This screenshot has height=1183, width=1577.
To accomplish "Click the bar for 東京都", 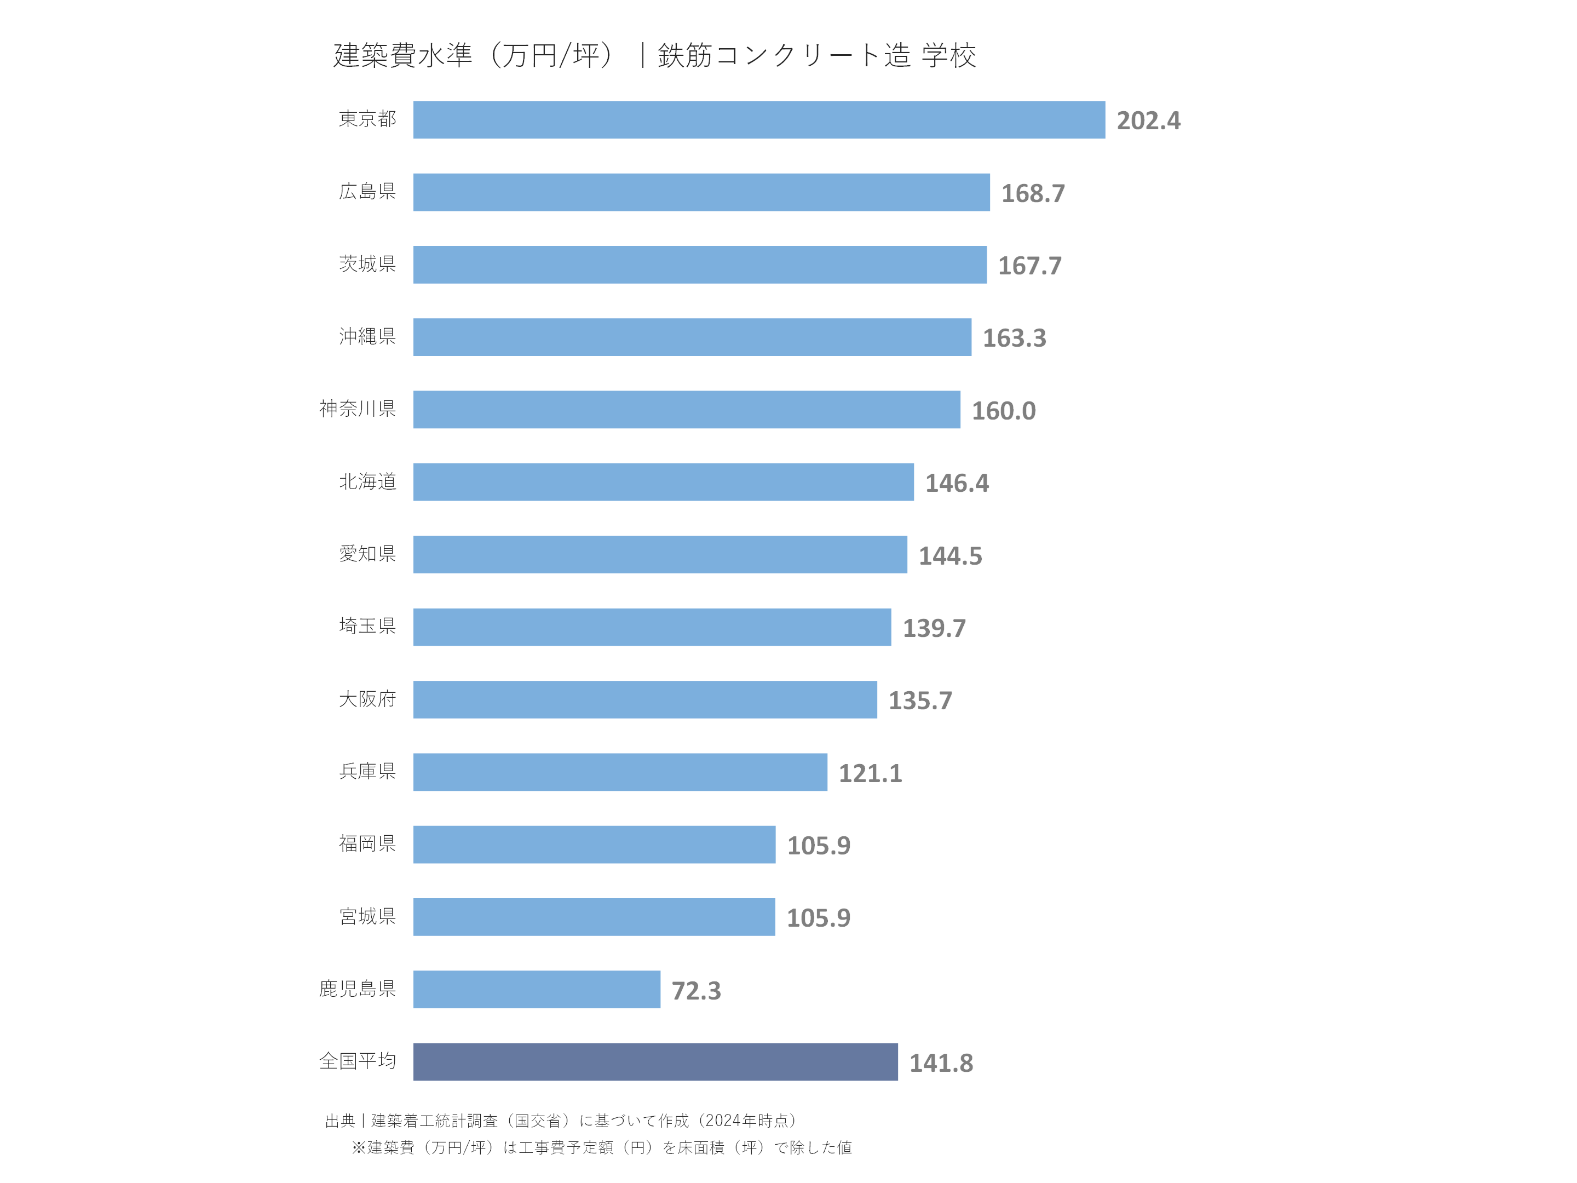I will click(x=758, y=120).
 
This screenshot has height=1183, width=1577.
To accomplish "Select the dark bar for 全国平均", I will click(x=655, y=1062).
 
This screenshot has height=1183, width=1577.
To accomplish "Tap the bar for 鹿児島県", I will click(x=536, y=989).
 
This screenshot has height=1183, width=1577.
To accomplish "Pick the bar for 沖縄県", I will click(x=692, y=337).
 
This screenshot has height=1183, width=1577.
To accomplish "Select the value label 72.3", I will click(x=696, y=990).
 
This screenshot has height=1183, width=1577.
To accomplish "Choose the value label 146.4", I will click(x=956, y=484).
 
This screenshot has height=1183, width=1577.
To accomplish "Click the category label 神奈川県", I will click(x=357, y=409).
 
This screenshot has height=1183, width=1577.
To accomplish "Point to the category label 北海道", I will click(x=367, y=481).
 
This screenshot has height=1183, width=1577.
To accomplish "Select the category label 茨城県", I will click(x=367, y=264).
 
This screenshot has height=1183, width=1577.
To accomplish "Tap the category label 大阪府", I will click(x=367, y=699).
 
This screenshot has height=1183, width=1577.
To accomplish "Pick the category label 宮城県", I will click(x=367, y=916).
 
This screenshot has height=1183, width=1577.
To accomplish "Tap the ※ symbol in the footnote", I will click(x=359, y=1147).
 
